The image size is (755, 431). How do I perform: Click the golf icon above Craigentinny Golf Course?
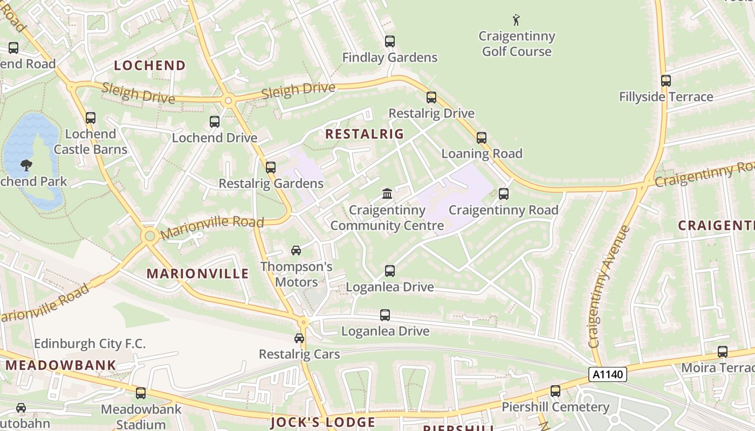tap(516, 20)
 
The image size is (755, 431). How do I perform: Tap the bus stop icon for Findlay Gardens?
tap(389, 41)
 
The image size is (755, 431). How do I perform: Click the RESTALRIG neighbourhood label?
tap(365, 134)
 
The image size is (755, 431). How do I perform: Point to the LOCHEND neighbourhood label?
tap(150, 66)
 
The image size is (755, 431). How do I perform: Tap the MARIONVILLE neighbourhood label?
tap(198, 274)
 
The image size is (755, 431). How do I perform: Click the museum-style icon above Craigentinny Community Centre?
tap(387, 193)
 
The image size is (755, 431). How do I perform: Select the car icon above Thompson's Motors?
tap(296, 251)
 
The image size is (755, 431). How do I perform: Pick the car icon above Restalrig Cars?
tap(299, 338)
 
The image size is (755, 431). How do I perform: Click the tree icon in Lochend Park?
tap(25, 165)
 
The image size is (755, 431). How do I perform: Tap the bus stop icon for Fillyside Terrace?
tap(666, 81)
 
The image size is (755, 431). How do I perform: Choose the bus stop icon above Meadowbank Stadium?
tap(141, 393)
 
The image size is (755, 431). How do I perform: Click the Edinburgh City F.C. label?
tap(90, 344)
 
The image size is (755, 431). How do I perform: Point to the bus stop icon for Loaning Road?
tap(482, 138)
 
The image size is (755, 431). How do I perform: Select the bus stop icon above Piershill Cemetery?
tap(555, 391)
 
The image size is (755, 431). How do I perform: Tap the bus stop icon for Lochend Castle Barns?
tap(91, 118)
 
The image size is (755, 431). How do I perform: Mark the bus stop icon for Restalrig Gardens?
tap(271, 168)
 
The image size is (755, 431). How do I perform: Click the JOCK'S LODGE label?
tap(322, 422)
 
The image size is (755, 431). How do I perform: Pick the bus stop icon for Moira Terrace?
tap(723, 352)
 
